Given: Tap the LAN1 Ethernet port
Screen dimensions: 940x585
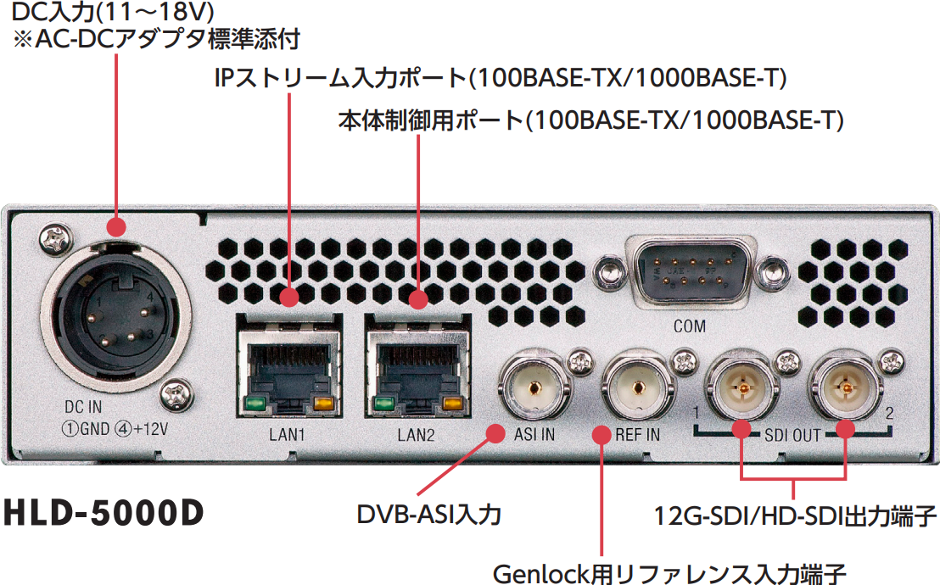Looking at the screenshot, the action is tap(289, 365).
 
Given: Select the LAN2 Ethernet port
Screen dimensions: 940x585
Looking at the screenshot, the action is tap(418, 365).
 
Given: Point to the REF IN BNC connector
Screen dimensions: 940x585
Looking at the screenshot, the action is tap(636, 387).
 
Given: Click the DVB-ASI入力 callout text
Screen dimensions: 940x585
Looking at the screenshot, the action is tap(428, 515).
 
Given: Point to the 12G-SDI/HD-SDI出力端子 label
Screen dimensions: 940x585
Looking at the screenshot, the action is tap(794, 515).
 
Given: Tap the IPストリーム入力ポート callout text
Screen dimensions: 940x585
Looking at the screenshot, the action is tap(500, 78).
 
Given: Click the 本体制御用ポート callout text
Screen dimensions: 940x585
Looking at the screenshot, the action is tap(590, 120).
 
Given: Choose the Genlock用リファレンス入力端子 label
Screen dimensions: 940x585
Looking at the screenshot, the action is tap(669, 574).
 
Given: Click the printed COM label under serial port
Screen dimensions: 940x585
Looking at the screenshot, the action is tap(690, 326).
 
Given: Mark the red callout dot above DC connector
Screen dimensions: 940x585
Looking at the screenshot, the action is tap(116, 226).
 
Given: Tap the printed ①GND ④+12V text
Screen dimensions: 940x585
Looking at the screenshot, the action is tap(115, 429).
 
